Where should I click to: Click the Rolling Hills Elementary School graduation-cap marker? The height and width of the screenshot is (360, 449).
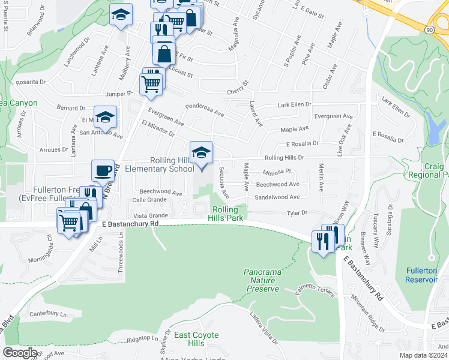pyautogui.click(x=202, y=152)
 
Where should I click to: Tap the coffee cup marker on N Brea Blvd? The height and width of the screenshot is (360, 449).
pyautogui.click(x=103, y=171)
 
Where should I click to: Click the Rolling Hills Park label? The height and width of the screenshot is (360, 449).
pyautogui.click(x=228, y=214)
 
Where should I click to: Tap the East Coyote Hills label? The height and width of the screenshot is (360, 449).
pyautogui.click(x=196, y=339)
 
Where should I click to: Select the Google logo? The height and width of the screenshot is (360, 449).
pyautogui.click(x=20, y=353)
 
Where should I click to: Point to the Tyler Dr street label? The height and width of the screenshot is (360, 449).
pyautogui.click(x=297, y=212)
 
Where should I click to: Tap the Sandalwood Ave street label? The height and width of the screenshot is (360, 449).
pyautogui.click(x=277, y=197)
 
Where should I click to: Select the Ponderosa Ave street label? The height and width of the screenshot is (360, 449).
pyautogui.click(x=204, y=109)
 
